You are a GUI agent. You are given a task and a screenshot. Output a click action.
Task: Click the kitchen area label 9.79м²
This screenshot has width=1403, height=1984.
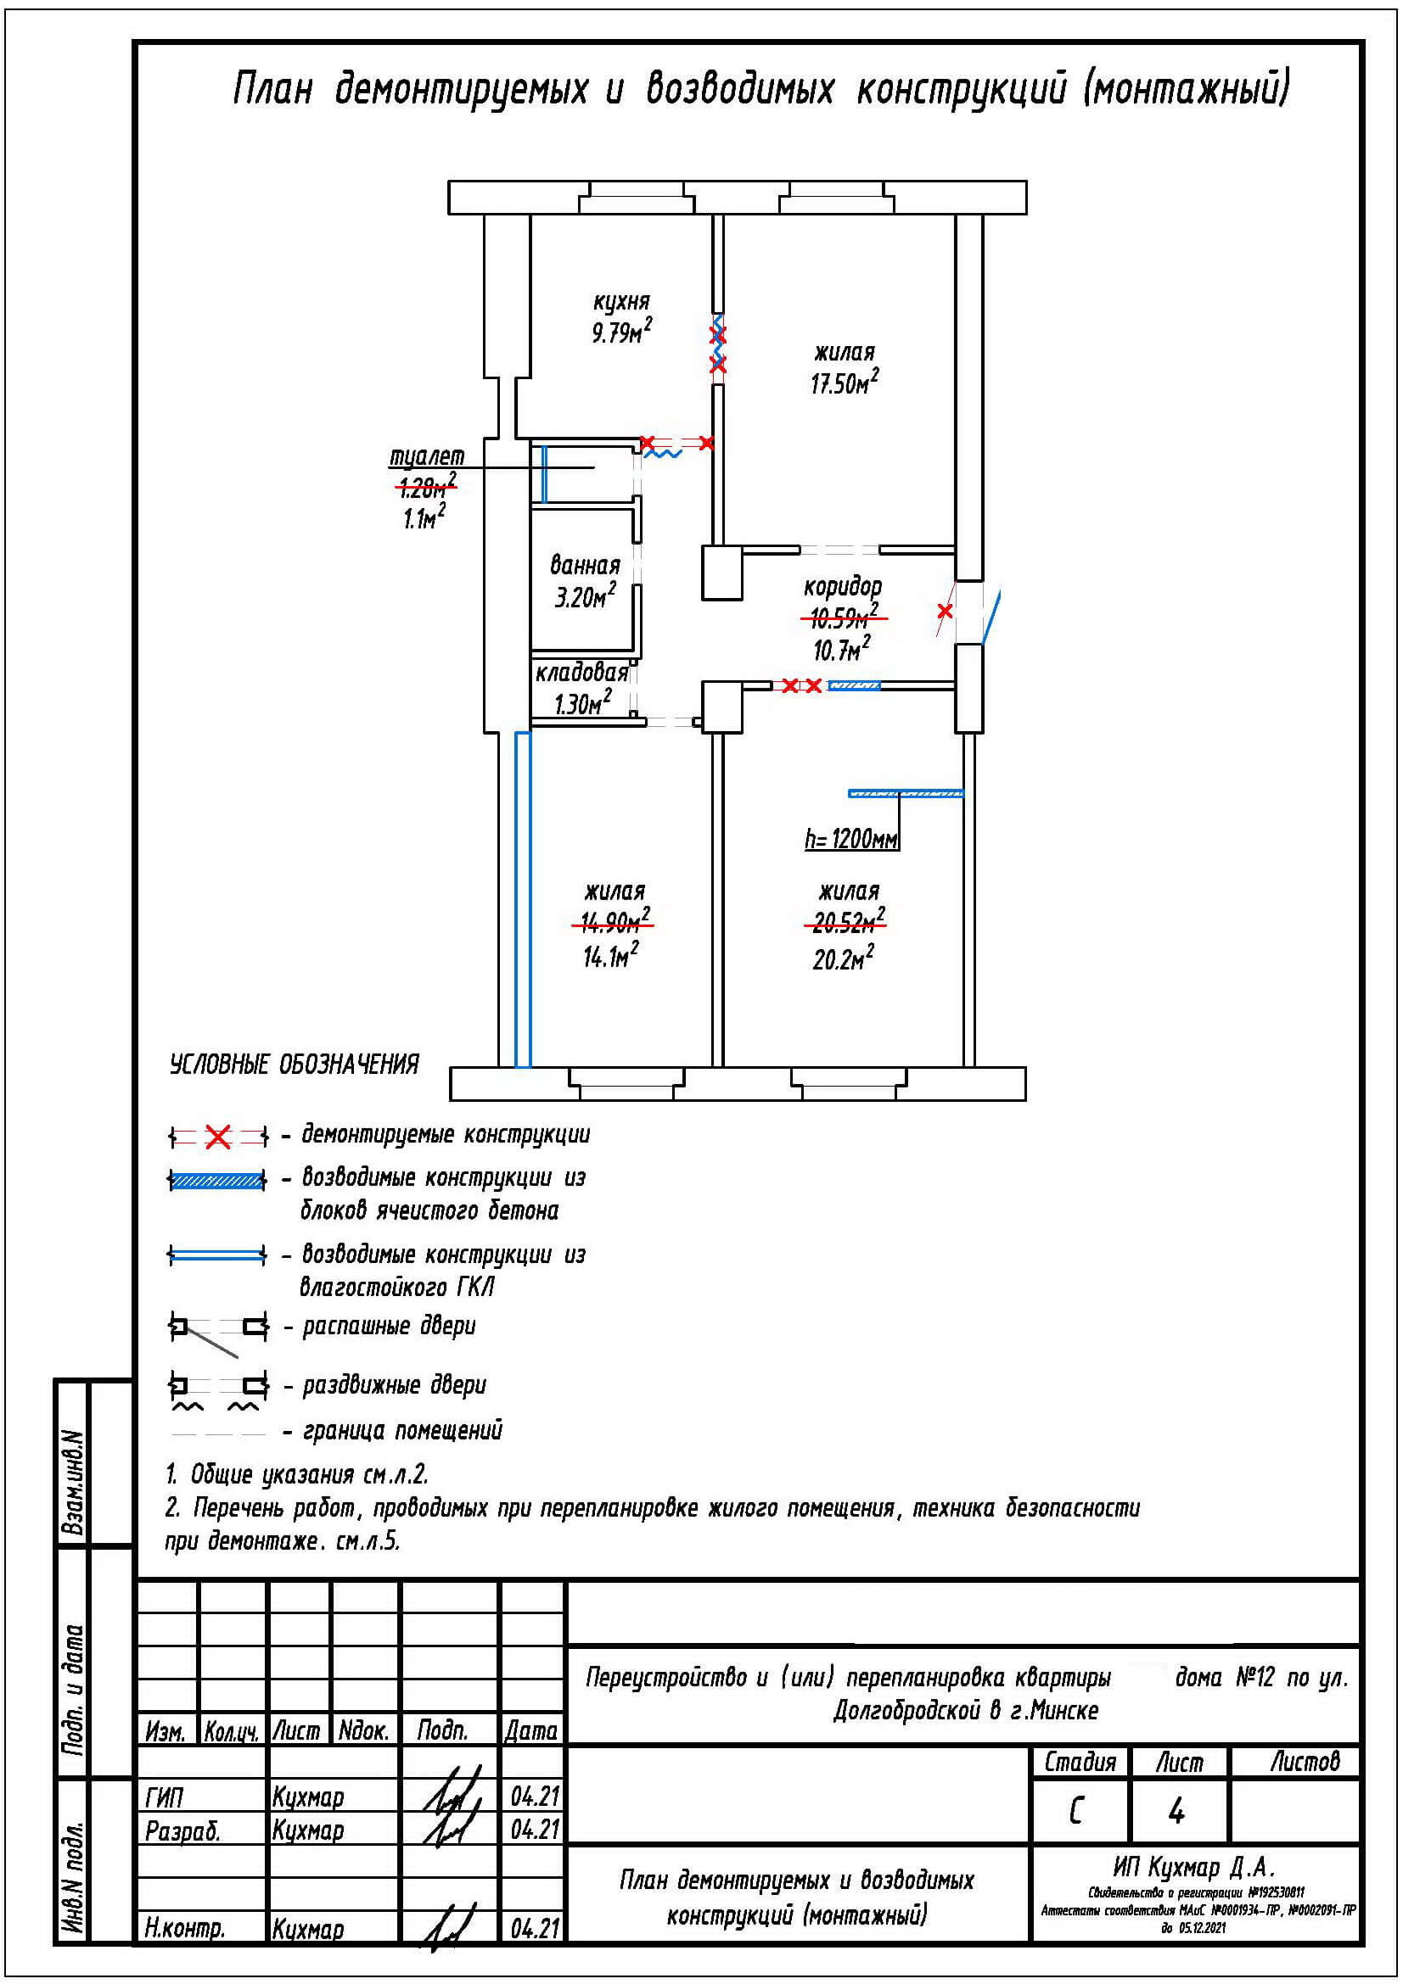[x=620, y=333]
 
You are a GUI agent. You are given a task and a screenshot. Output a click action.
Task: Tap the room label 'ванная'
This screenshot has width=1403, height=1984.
[x=586, y=566]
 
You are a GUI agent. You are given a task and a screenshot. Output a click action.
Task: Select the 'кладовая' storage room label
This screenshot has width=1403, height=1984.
[x=581, y=673]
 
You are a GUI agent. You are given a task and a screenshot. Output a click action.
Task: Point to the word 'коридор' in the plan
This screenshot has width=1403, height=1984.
[x=842, y=588]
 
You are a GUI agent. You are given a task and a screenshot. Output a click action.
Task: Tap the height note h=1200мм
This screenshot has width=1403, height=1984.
[x=851, y=838]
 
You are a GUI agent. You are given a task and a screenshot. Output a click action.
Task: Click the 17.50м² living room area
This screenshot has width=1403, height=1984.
[x=844, y=383]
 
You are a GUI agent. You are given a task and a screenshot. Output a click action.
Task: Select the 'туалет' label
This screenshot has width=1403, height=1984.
[x=427, y=455]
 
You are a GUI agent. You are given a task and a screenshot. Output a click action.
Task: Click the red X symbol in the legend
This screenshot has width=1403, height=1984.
[x=218, y=1138]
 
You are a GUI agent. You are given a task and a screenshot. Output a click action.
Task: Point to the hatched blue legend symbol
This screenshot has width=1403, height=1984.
[x=218, y=1182]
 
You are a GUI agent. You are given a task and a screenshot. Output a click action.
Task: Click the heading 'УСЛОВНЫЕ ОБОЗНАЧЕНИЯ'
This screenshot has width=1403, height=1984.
[x=294, y=1065]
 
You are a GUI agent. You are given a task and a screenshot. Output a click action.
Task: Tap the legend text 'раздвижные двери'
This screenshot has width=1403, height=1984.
[x=394, y=1385]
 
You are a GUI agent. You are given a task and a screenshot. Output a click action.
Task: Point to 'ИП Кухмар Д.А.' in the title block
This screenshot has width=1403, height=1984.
[x=1193, y=1868]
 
